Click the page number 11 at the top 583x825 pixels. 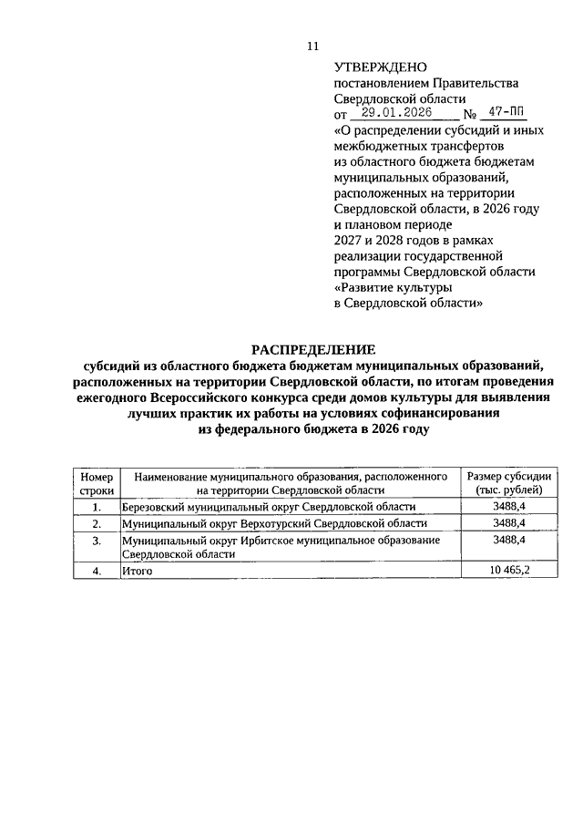[x=312, y=46]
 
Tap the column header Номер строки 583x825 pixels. [x=96, y=483]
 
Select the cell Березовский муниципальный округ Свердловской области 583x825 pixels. [x=269, y=507]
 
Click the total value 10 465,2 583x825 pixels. [x=509, y=571]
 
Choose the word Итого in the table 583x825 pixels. [x=136, y=571]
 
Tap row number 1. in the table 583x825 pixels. [x=96, y=507]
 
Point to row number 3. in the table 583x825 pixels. [x=96, y=541]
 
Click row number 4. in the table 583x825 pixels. [x=96, y=571]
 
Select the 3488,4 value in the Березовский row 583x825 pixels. [x=509, y=507]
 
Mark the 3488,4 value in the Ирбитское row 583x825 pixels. [x=509, y=541]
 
